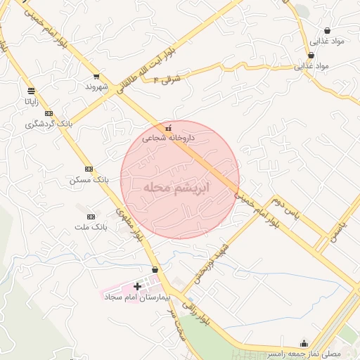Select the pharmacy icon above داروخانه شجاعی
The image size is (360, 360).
tap(168, 129)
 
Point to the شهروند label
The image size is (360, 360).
tap(96, 86)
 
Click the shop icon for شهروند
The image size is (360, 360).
tap(96, 77)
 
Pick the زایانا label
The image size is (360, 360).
tap(32, 101)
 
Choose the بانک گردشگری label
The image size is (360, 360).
tap(49, 124)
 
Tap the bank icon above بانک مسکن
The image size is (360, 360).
tap(89, 169)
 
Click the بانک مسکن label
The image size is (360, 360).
tap(89, 180)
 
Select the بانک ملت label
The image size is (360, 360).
tap(91, 228)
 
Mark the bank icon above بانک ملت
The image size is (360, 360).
tap(90, 217)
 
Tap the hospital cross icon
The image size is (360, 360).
tap(137, 286)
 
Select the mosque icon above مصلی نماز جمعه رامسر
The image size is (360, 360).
tap(304, 343)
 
